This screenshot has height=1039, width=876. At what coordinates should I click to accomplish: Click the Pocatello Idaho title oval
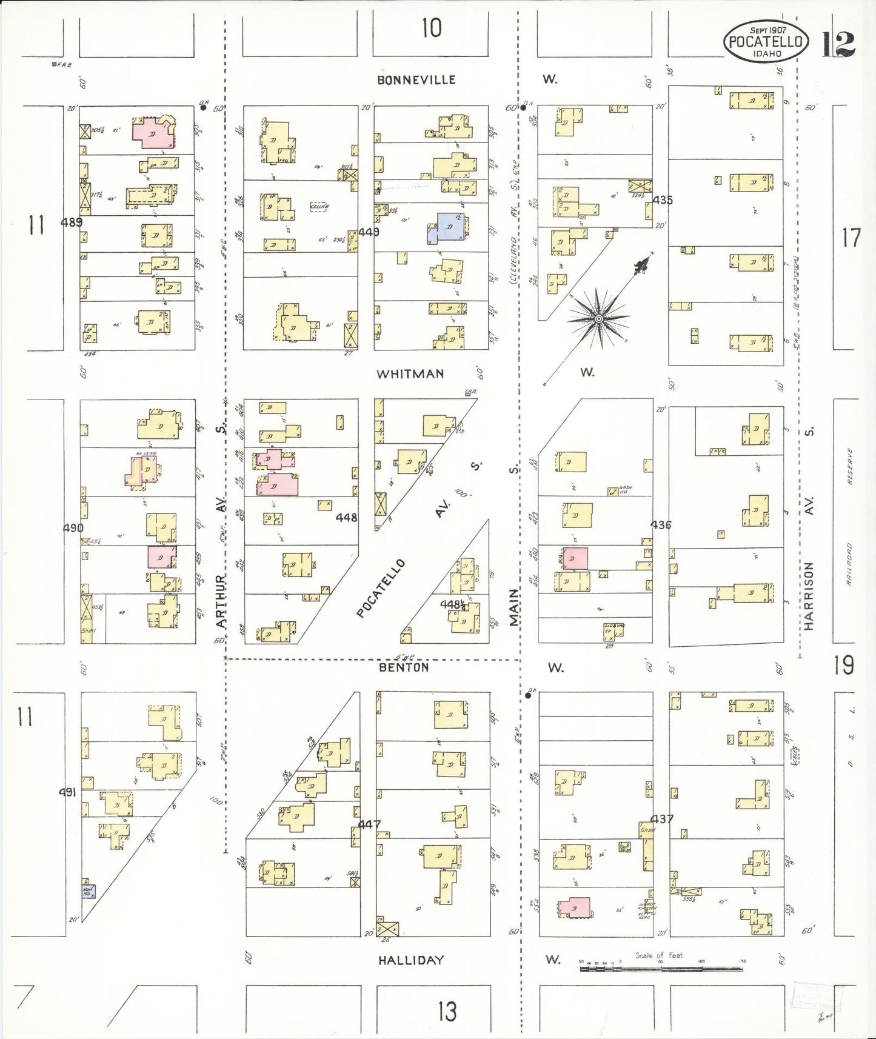[x=766, y=41]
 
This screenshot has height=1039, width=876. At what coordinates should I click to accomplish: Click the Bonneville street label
[x=416, y=80]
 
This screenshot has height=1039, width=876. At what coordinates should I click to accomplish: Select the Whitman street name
[x=410, y=373]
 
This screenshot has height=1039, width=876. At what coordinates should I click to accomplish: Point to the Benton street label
[x=404, y=667]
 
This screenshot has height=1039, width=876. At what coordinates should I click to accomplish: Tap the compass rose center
[x=598, y=318]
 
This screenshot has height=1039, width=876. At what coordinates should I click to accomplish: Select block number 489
[x=72, y=222]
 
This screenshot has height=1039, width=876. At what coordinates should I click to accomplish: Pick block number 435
[x=663, y=200]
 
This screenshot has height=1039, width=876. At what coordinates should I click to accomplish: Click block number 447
[x=369, y=824]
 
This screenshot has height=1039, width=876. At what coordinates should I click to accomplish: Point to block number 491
[x=67, y=792]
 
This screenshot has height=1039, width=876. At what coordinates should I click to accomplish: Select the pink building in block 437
[x=573, y=907]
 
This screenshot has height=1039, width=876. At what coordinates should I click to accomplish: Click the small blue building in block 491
[x=88, y=892]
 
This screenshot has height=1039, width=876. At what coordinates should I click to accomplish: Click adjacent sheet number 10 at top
[x=432, y=28]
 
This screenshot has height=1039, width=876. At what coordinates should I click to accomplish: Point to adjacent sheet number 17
[x=851, y=238]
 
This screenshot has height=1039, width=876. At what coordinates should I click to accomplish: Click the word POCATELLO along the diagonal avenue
[x=380, y=589]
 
